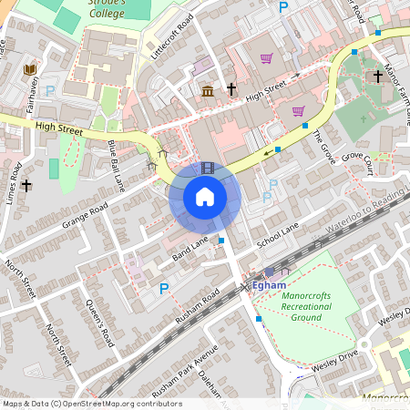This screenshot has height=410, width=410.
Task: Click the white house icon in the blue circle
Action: [205, 196]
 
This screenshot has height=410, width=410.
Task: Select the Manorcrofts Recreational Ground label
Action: [306, 308]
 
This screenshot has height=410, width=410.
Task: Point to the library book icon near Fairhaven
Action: [30, 69]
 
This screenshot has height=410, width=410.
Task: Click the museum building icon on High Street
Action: [208, 90]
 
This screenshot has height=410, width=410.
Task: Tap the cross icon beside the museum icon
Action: [231, 89]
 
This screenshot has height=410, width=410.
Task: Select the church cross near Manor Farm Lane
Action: [377, 77]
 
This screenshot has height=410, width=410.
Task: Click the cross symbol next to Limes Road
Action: [27, 185]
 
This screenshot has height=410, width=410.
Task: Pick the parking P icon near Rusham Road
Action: [164, 289]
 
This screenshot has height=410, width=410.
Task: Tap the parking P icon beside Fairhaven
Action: [50, 90]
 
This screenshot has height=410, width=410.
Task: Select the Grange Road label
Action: [86, 216]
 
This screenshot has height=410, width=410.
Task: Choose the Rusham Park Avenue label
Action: [186, 369]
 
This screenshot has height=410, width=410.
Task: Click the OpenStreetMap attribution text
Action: [91, 403]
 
